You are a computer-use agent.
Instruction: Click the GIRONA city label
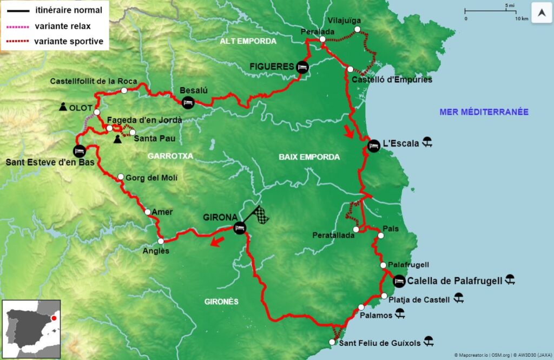tap(220, 218)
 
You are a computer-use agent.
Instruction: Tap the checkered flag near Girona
tap(262, 215)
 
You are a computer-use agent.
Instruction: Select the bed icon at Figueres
tap(302, 67)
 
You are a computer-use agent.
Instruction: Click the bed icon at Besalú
tap(188, 102)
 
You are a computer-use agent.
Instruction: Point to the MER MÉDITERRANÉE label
tap(484, 112)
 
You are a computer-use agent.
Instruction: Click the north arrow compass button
tap(542, 12)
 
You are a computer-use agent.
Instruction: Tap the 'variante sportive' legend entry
tap(68, 41)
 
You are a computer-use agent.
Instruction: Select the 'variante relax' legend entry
tap(62, 25)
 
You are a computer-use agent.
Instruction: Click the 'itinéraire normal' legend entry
tap(67, 10)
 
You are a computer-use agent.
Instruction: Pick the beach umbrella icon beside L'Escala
tap(427, 143)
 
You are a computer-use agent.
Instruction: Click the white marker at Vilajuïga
tap(357, 29)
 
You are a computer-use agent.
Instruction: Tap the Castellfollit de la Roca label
tap(86, 81)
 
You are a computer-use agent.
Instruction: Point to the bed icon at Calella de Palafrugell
tap(399, 281)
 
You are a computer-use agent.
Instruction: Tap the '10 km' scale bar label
tap(522, 18)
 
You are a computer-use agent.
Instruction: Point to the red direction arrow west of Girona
tap(218, 241)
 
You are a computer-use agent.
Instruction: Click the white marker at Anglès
tap(161, 241)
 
